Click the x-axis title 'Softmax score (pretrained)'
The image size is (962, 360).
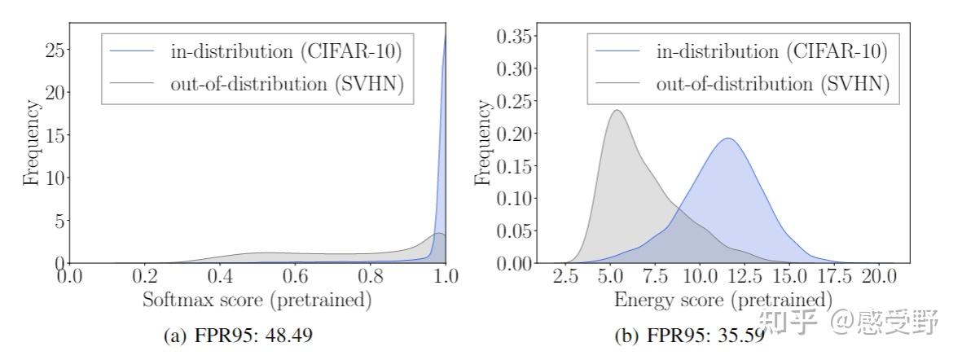257,301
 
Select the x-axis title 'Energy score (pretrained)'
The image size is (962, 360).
723,300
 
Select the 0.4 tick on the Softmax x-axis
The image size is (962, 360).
220,278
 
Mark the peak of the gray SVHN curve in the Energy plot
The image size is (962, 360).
617,111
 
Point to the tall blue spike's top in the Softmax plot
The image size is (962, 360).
446,34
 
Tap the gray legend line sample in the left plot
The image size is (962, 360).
133,82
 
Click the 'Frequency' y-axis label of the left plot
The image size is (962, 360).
32,143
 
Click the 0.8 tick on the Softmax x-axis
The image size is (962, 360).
371,278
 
